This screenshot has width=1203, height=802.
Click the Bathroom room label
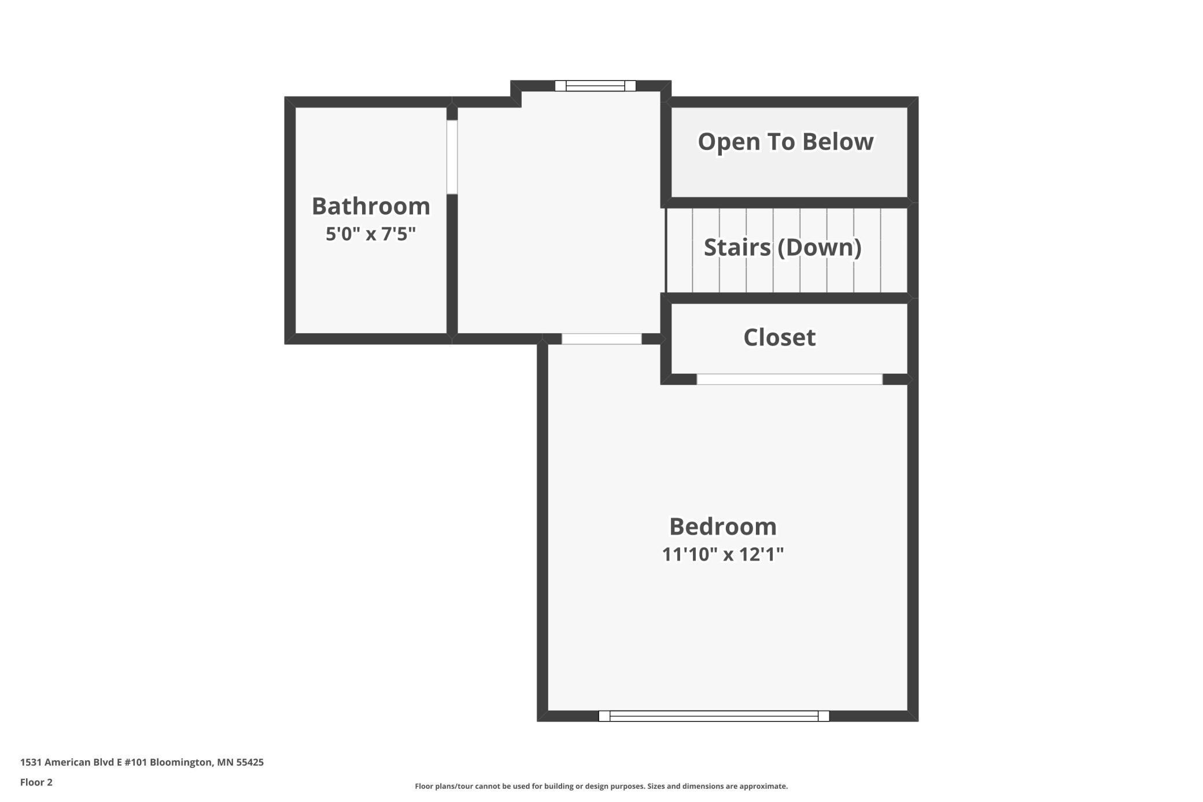coord(371,206)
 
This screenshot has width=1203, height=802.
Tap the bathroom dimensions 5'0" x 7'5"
coord(371,234)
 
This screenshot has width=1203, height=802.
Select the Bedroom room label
coord(722,527)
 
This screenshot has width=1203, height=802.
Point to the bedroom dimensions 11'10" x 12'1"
coord(722,554)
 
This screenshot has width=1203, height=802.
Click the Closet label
coord(779,337)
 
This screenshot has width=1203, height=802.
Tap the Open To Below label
coord(785,142)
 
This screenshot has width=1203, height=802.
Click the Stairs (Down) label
coord(782,248)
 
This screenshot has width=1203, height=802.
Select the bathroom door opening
coord(452,157)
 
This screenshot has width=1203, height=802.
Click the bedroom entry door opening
coord(601,339)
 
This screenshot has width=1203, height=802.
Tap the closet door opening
coord(789,380)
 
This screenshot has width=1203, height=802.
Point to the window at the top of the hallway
coord(595,86)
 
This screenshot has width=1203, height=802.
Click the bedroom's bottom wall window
coord(714,716)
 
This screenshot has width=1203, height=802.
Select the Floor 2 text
coord(36,782)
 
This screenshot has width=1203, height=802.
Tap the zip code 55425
coord(250,762)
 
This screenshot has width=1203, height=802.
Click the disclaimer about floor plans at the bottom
coord(601,786)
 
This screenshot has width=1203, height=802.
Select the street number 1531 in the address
coord(31,762)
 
